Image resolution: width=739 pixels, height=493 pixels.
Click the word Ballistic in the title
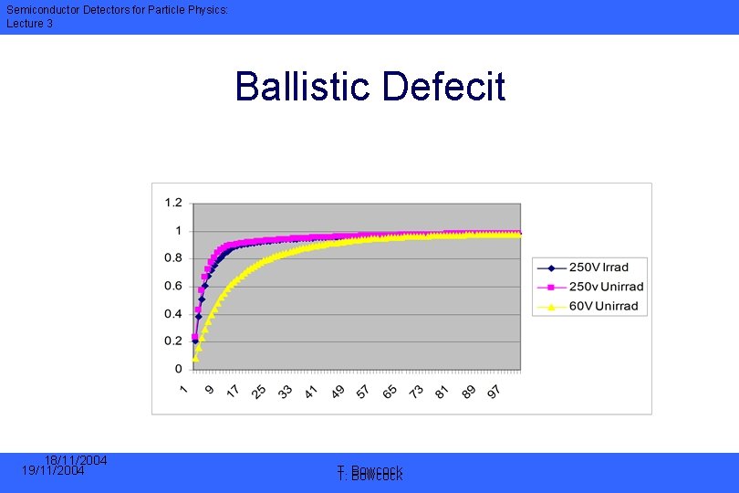pyautogui.click(x=305, y=88)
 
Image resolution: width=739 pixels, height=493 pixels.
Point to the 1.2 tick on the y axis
pyautogui.click(x=172, y=202)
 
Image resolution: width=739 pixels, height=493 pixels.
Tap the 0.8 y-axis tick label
pyautogui.click(x=172, y=257)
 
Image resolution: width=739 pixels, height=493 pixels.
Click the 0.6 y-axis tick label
pyautogui.click(x=172, y=286)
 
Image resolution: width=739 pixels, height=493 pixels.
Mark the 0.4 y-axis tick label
pyautogui.click(x=172, y=313)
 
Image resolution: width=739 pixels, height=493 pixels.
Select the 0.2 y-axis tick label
pyautogui.click(x=172, y=341)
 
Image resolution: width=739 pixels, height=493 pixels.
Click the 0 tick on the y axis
pyautogui.click(x=178, y=369)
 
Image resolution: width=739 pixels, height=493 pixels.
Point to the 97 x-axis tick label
pyautogui.click(x=494, y=391)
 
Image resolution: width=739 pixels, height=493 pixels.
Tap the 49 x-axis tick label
pyautogui.click(x=338, y=391)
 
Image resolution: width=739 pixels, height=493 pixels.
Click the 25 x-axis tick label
pyautogui.click(x=259, y=391)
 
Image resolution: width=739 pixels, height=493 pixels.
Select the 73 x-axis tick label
pyautogui.click(x=415, y=391)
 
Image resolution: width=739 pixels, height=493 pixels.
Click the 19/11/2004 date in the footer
pyautogui.click(x=53, y=471)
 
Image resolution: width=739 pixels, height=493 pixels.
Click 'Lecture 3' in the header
pyautogui.click(x=30, y=23)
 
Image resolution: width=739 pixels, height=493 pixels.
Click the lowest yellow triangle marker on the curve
pyautogui.click(x=195, y=357)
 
